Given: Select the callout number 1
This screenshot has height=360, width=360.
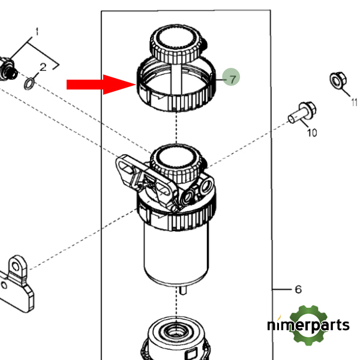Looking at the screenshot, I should coord(36,31).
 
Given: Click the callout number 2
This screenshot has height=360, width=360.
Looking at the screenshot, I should coord(43,67).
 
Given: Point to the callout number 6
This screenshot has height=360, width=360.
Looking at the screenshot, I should coord(298,290).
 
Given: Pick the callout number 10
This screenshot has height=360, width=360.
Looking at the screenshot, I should coord(311,133).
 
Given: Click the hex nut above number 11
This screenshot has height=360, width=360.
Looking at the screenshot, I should coord(337,81).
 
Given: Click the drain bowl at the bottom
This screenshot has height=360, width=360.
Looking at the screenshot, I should coord(176,339).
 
